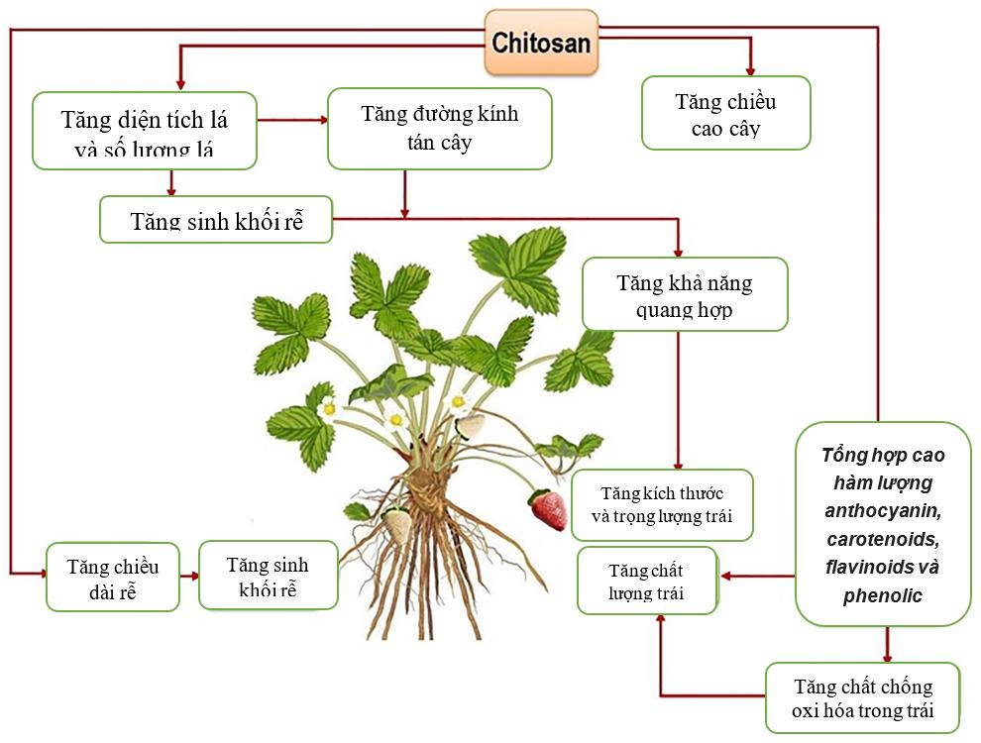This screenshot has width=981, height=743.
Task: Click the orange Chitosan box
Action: coord(541,43)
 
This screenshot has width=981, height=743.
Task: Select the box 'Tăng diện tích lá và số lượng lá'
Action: coord(145,131)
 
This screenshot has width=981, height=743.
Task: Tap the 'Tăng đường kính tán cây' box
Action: coord(439,128)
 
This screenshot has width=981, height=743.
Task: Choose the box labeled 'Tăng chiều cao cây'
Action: coord(725,113)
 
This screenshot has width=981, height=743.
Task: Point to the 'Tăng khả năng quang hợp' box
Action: coord(685,294)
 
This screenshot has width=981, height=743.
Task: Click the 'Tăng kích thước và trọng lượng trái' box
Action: coord(662,505)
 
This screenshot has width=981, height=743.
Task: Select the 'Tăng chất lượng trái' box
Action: coord(646,581)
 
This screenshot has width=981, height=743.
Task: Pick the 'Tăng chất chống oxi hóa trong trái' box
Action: coord(862,698)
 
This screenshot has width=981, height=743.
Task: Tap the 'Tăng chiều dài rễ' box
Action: coord(112,577)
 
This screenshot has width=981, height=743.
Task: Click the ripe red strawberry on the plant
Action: coord(548,509)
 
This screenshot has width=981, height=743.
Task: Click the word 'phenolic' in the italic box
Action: coord(883,596)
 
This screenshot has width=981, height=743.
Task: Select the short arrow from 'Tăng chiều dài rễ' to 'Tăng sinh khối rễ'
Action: coord(189,575)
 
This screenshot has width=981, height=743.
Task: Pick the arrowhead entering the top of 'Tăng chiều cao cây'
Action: coord(750,68)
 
